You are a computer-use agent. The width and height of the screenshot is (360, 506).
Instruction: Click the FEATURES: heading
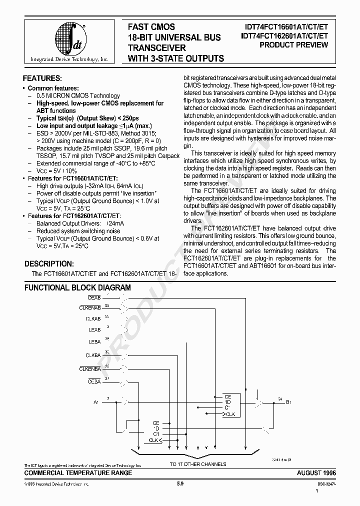(42, 78)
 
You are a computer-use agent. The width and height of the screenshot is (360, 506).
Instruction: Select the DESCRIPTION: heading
(49, 263)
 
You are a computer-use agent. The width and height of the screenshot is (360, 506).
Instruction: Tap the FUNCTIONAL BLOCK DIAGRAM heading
(77, 288)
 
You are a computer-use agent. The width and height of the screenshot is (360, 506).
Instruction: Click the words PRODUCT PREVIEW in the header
(294, 45)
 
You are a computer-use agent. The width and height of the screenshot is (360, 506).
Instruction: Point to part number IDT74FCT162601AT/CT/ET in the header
(284, 35)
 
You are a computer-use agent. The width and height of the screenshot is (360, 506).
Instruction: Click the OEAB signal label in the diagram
(94, 297)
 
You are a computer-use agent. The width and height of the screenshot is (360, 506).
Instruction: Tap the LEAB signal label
(94, 330)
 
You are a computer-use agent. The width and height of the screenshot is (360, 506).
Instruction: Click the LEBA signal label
(94, 342)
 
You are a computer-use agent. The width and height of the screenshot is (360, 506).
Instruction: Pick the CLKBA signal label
(93, 355)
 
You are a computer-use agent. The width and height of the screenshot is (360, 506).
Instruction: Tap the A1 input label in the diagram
(96, 402)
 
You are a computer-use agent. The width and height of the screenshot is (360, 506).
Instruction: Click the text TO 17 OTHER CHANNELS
(198, 464)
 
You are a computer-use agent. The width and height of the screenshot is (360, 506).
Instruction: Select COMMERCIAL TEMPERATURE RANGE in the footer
(78, 473)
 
